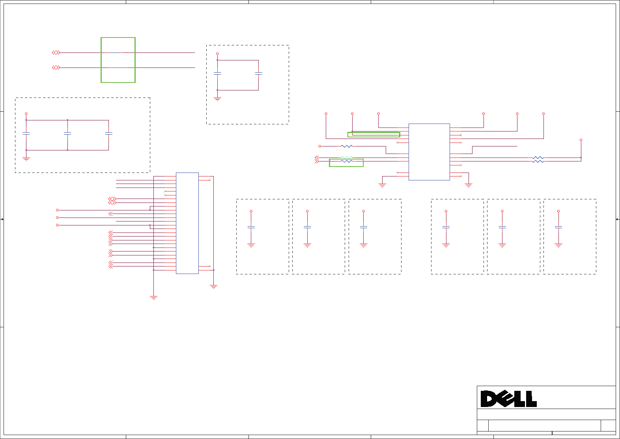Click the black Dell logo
click(x=508, y=399)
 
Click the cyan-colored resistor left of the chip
click(x=346, y=158)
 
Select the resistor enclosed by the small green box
click(x=346, y=161)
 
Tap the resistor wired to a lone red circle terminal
click(x=346, y=146)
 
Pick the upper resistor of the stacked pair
click(x=538, y=158)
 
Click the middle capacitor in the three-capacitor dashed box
click(x=67, y=134)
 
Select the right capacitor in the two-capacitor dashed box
click(x=258, y=74)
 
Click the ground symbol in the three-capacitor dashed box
click(x=26, y=159)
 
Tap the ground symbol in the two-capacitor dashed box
click(x=217, y=99)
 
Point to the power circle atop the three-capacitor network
click(x=26, y=114)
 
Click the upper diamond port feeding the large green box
click(x=56, y=53)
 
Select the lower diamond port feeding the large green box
click(x=56, y=68)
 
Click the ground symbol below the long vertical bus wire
click(x=154, y=298)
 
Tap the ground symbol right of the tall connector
click(x=213, y=287)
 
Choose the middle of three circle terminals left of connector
click(x=57, y=218)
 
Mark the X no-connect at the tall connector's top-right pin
click(x=210, y=180)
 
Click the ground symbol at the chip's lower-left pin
click(x=382, y=185)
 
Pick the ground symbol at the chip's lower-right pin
click(x=469, y=185)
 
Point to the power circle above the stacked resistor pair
click(x=581, y=140)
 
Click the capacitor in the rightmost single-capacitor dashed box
click(x=558, y=227)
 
